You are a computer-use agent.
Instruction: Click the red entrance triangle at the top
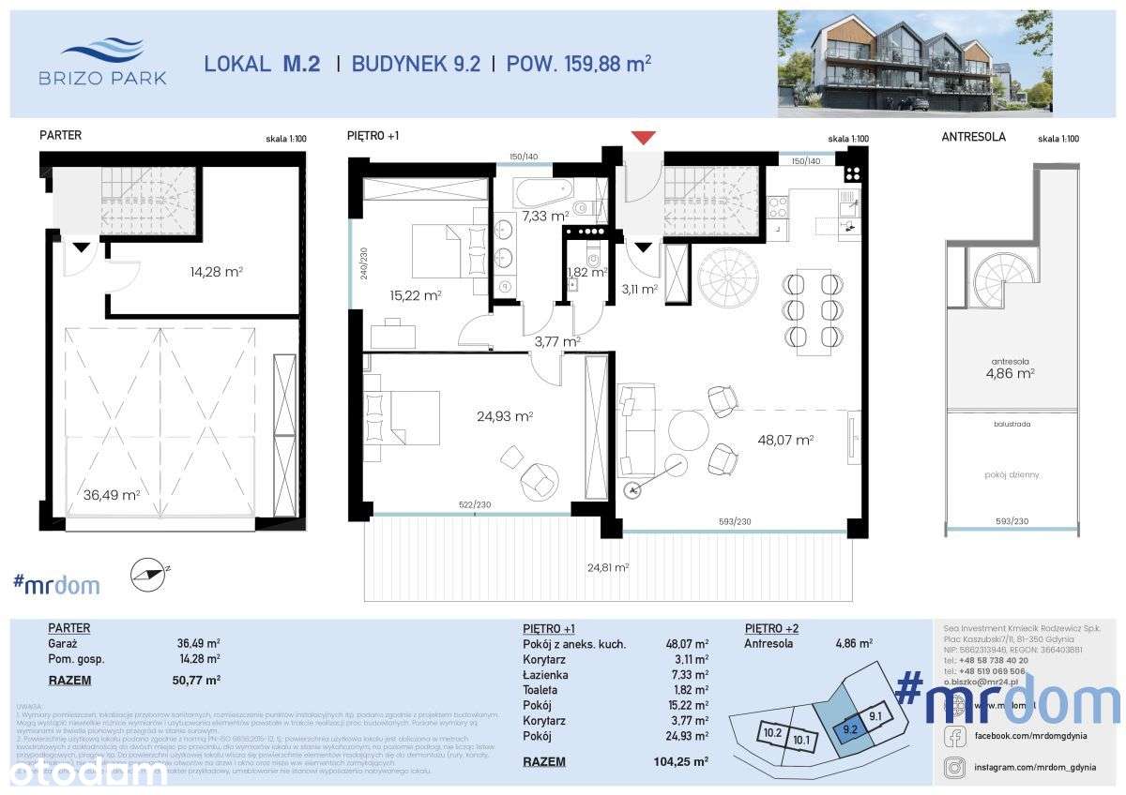643,138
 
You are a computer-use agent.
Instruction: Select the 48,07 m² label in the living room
786,439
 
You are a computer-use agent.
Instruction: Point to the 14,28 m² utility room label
215,272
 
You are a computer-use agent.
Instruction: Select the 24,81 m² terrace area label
607,567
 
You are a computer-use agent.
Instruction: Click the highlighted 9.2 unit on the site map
850,726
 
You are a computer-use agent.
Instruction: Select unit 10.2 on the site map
771,733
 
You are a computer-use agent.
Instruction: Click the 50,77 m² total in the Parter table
198,680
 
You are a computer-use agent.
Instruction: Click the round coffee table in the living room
689,432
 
